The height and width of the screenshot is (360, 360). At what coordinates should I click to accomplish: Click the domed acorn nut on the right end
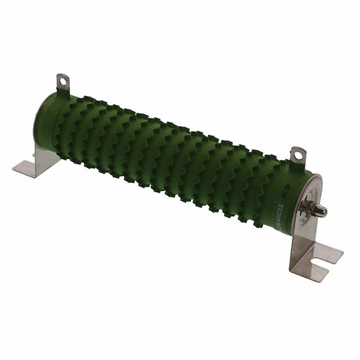click(319, 211)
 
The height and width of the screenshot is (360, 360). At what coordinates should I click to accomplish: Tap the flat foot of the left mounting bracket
click(28, 167)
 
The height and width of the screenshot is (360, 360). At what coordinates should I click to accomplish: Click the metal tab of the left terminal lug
click(62, 84)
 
